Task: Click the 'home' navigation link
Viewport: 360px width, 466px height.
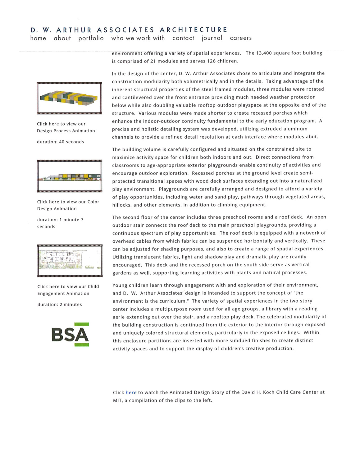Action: pyautogui.click(x=38, y=38)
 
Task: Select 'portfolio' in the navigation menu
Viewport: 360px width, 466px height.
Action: pyautogui.click(x=91, y=38)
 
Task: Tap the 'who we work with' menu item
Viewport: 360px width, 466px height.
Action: pyautogui.click(x=138, y=38)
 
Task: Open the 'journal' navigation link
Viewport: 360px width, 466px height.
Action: pyautogui.click(x=212, y=38)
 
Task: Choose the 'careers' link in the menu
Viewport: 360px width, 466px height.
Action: pyautogui.click(x=241, y=38)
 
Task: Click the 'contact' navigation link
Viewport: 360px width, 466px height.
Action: pyautogui.click(x=183, y=38)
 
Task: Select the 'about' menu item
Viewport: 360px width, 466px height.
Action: pyautogui.click(x=62, y=38)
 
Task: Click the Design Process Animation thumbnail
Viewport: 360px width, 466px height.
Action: pyautogui.click(x=69, y=98)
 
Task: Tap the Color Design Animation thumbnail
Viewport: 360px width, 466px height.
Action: pyautogui.click(x=70, y=176)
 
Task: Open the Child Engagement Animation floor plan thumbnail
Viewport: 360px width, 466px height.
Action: pyautogui.click(x=70, y=261)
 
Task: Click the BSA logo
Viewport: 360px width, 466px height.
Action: pyautogui.click(x=70, y=335)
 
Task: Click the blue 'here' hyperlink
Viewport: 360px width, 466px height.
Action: pyautogui.click(x=131, y=392)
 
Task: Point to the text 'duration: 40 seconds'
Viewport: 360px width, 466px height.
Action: pyautogui.click(x=61, y=142)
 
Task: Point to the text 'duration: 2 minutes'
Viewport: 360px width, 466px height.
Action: pyautogui.click(x=60, y=304)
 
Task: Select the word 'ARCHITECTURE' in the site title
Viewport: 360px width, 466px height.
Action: pyautogui.click(x=193, y=30)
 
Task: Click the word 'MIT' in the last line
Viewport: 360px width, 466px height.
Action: pyautogui.click(x=117, y=400)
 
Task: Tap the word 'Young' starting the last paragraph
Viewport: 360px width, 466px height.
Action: pyautogui.click(x=120, y=285)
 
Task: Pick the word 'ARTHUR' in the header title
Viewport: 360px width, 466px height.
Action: pyautogui.click(x=74, y=30)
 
